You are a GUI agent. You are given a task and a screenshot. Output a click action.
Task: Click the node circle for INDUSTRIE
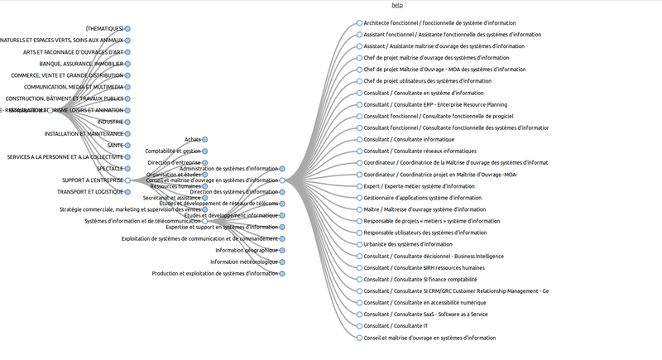coord(128,122)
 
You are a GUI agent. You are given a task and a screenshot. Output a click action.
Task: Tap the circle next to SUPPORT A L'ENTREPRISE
coord(128,180)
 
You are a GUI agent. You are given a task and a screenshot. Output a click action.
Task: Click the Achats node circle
coord(205,140)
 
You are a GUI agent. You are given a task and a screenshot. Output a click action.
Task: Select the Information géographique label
coord(247,250)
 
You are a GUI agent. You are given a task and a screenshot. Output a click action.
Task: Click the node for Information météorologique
coord(282,262)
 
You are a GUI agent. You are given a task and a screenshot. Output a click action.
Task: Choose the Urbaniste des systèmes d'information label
coord(408,244)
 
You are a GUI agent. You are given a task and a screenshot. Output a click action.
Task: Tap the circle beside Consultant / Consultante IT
coord(359,326)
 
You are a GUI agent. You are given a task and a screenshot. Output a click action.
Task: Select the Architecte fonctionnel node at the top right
coord(359,23)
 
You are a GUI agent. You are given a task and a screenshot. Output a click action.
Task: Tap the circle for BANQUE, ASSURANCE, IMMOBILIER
coord(128,64)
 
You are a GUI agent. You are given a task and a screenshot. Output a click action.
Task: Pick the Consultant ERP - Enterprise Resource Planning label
coord(435,105)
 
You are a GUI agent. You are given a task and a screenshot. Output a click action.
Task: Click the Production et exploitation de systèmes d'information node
coord(282,273)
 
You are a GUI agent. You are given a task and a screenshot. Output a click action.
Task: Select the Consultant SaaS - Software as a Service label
coord(425,314)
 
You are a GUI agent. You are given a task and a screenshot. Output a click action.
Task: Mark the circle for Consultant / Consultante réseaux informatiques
coord(359,151)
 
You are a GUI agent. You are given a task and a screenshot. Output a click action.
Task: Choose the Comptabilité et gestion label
coord(172,151)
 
